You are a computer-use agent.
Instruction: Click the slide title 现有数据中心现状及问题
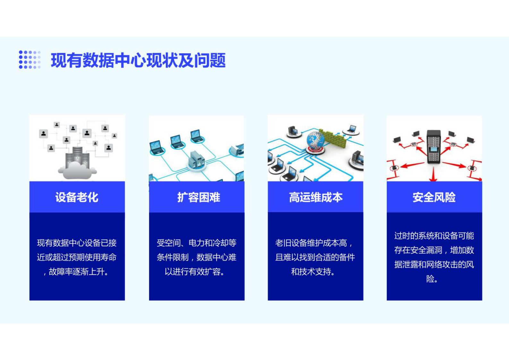pyautogui.click(x=138, y=60)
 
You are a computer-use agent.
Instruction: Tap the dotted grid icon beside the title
pyautogui.click(x=30, y=60)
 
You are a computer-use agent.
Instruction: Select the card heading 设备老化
pyautogui.click(x=77, y=197)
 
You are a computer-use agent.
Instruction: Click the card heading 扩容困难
pyautogui.click(x=199, y=197)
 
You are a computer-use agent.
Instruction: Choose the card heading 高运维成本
pyautogui.click(x=316, y=197)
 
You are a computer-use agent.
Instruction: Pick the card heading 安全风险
pyautogui.click(x=434, y=197)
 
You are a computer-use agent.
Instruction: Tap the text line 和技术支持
pyautogui.click(x=313, y=272)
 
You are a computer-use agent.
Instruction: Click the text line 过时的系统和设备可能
pyautogui.click(x=434, y=236)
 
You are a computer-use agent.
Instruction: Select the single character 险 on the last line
pyautogui.click(x=430, y=279)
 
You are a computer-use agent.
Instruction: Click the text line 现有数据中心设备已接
pyautogui.click(x=77, y=243)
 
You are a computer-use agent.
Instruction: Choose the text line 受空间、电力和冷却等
pyautogui.click(x=196, y=243)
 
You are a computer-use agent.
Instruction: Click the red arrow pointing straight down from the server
pyautogui.click(x=433, y=175)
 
